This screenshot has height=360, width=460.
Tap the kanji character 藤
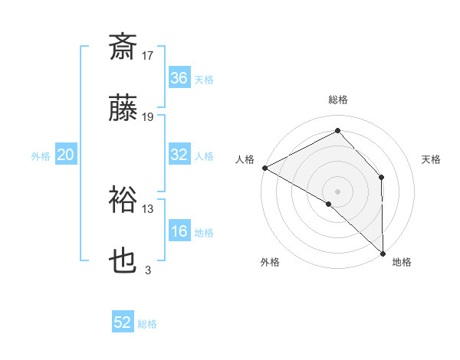pos(123,110)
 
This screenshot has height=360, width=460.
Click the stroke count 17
pos(148,56)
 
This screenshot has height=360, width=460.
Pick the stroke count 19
pos(148,117)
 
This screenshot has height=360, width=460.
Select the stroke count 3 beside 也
pos(148,270)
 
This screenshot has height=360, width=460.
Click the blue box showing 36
pos(179,78)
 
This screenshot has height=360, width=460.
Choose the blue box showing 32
pos(179,155)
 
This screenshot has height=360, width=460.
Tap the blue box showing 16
pos(179,232)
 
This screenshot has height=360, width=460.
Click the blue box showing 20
pos(66,155)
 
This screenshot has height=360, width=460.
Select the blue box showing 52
pos(123,323)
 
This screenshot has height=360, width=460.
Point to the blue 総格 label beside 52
pos(147,324)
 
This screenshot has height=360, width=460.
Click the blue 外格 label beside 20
pos(41,155)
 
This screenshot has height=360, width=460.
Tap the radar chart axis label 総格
pos(338,100)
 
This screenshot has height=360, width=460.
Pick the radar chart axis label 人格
pos(245,159)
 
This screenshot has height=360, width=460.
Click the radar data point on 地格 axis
pos(383,252)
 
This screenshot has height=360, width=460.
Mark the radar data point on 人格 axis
pos(264,168)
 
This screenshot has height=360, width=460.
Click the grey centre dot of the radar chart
pos(337,191)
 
